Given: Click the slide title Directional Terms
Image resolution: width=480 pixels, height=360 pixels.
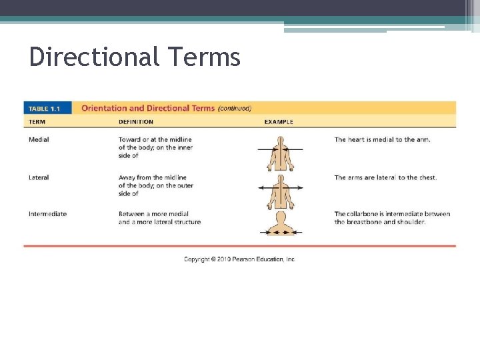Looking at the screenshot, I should [x=134, y=57].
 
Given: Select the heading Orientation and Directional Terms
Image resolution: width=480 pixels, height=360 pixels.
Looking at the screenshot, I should [x=148, y=108].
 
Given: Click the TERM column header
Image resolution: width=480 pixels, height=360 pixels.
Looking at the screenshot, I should [x=37, y=122].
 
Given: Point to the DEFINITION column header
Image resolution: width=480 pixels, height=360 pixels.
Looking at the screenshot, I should [x=136, y=122].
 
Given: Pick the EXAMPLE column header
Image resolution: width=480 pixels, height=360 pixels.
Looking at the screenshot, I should [x=279, y=122].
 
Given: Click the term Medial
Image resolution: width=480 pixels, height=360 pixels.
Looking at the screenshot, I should [x=39, y=139].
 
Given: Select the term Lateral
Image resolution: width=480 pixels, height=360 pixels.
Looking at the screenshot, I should [x=39, y=177].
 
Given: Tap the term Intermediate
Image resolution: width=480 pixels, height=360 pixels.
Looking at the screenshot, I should [x=47, y=214].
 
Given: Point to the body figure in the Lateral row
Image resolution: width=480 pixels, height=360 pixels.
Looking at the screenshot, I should [x=280, y=190].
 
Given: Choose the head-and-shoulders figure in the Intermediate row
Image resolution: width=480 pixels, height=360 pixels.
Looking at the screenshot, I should [x=280, y=223].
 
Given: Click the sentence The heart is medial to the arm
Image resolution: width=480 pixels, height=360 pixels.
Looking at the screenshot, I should [x=382, y=139].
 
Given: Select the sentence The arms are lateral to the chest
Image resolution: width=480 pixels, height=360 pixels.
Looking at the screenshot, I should [x=385, y=177].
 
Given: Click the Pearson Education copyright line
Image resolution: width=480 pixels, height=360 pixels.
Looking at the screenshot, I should [x=240, y=259].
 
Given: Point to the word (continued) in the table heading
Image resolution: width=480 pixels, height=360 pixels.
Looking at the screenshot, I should [x=235, y=108].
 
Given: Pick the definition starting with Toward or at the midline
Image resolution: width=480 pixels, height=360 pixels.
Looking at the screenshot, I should [x=155, y=147].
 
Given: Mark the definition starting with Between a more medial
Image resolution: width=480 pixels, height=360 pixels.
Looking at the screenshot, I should [x=159, y=218].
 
